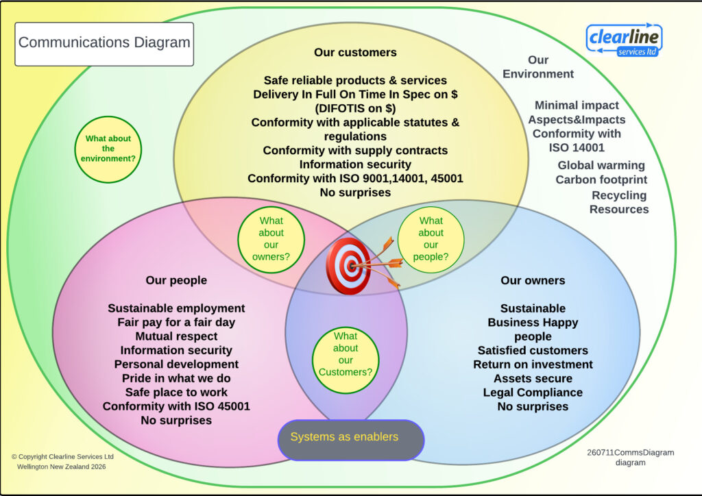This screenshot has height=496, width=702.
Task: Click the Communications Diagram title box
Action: pos(104,44)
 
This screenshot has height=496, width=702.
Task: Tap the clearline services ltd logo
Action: pos(624,40)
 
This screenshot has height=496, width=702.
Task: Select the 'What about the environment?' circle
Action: pos(108,149)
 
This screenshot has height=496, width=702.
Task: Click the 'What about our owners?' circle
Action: pos(271,239)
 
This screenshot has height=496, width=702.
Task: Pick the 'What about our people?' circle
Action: pos(431,239)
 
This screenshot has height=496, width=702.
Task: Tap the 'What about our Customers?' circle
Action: pos(346,360)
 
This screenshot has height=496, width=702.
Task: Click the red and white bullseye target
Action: pos(348,266)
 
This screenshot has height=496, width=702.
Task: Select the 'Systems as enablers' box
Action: pos(351,440)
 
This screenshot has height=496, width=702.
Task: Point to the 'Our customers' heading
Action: pos(355,52)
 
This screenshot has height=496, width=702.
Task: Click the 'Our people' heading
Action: pos(176,280)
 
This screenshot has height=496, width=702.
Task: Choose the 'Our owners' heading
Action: pos(533,280)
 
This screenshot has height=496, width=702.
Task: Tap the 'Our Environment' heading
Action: pos(538,66)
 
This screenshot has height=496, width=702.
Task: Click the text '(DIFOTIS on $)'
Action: pos(355,108)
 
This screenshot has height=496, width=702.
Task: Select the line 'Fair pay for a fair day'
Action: pos(176,322)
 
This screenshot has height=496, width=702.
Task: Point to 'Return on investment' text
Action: pos(533,364)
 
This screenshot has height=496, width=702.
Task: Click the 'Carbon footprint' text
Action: pos(601,179)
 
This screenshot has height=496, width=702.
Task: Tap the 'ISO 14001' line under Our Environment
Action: pos(577,147)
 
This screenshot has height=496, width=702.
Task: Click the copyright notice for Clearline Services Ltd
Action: pos(62,462)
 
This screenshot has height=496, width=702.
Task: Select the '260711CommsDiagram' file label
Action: pos(631,452)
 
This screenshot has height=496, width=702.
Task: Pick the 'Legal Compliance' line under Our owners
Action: pos(533,393)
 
